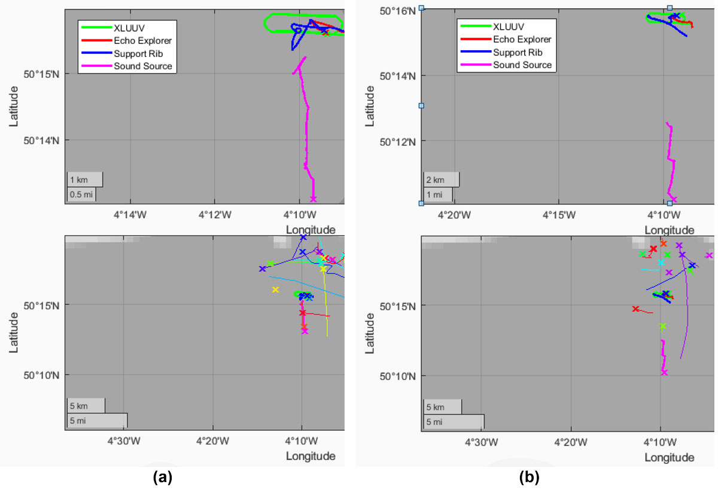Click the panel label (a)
[163, 477]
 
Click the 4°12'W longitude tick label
[214, 214]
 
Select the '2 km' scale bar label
[435, 180]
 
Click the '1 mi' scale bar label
[434, 194]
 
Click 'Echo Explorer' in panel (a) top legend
[142, 41]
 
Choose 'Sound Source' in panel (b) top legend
[522, 65]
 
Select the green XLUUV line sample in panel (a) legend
[96, 28]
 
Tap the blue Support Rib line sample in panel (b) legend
[474, 52]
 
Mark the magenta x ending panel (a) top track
[313, 199]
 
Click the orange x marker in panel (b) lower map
[664, 243]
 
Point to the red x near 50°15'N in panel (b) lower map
[635, 309]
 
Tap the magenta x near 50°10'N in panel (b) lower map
[664, 373]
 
